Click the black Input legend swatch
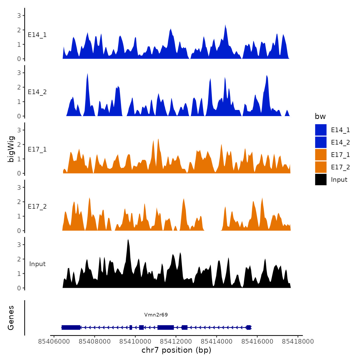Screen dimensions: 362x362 tap(321, 179)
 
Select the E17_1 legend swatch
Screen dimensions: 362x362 tap(321, 155)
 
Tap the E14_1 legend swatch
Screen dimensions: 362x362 tap(321, 130)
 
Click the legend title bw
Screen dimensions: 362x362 tap(320, 116)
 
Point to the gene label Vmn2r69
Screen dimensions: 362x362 tap(156, 315)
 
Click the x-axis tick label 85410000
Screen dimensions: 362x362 tap(135, 342)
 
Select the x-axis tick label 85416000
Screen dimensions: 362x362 tap(257, 342)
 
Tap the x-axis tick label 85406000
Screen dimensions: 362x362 tap(54, 342)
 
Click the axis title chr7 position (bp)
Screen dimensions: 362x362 tap(176, 350)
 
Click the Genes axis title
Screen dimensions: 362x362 tap(11, 318)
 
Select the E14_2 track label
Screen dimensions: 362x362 tap(37, 92)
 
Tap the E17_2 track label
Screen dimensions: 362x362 tap(37, 207)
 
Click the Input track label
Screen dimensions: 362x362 tap(37, 264)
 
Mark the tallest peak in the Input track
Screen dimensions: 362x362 tap(128, 240)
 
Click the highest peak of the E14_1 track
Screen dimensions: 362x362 tap(225, 26)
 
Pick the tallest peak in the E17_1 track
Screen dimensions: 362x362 tap(158, 140)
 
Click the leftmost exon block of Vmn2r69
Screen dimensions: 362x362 tap(71, 328)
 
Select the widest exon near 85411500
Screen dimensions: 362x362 tap(165, 328)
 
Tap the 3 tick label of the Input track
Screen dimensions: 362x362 tap(19, 245)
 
